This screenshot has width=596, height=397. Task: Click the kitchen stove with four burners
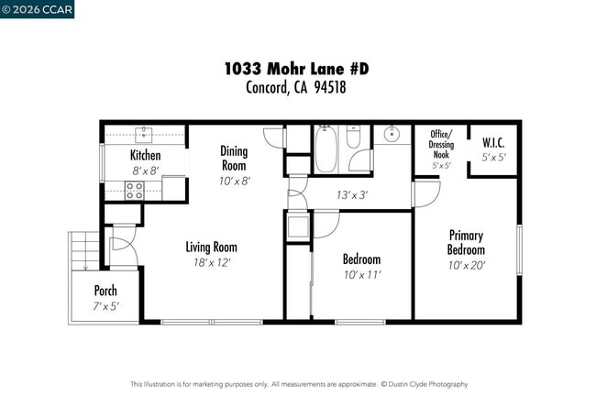(134, 191)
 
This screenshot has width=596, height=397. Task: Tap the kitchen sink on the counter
(144, 135)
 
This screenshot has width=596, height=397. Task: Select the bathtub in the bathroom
(326, 145)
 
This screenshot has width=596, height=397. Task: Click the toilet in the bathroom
(354, 141)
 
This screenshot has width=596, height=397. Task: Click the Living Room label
(212, 247)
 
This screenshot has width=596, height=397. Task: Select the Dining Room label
(235, 158)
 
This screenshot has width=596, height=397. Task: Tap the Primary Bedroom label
(466, 242)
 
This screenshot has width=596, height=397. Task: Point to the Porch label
(105, 291)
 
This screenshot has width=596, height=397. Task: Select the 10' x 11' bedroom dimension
(361, 274)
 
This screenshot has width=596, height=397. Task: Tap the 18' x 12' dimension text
(212, 262)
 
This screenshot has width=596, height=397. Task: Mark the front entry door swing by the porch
(121, 250)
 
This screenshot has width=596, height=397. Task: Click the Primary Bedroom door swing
(425, 193)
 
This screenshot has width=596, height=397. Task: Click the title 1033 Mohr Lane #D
(297, 70)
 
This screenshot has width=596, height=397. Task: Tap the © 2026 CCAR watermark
(38, 9)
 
